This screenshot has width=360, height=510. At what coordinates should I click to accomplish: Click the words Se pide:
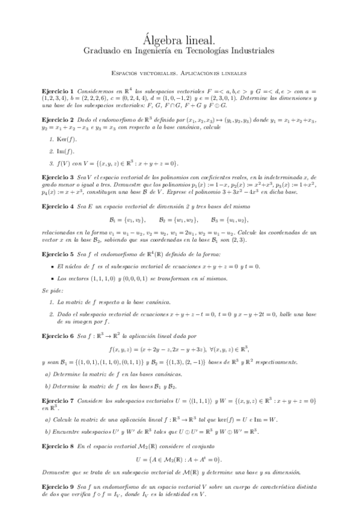coord(52,290)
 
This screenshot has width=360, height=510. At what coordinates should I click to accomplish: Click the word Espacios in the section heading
coord(129,73)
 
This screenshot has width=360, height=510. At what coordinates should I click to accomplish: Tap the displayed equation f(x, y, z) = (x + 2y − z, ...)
coord(179,349)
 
